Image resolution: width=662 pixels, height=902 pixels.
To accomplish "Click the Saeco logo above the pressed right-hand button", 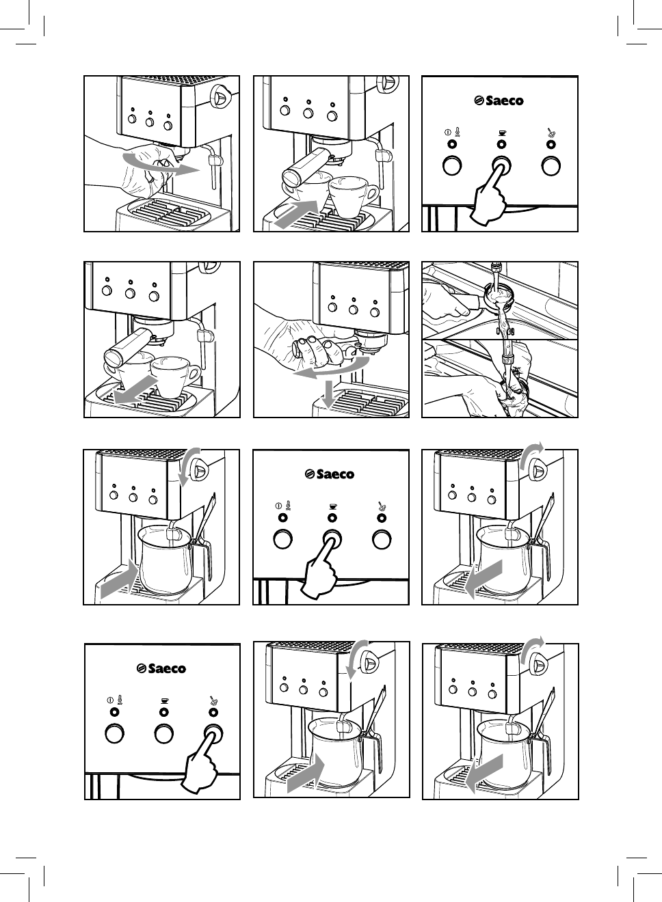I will click(162, 668).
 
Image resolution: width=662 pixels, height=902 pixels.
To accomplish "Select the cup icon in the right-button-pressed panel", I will click(163, 700).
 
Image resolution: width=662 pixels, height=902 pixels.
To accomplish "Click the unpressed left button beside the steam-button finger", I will click(114, 733).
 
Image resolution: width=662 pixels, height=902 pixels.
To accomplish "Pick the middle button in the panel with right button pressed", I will click(163, 733).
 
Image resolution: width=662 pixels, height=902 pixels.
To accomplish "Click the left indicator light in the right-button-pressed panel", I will click(114, 712).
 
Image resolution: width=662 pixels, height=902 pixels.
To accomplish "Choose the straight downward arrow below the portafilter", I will click(328, 395).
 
